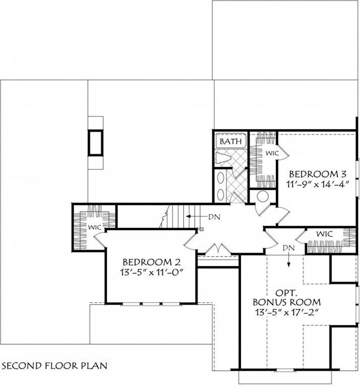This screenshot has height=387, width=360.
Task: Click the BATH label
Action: coord(230,142)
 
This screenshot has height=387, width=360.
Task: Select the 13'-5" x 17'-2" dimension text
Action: coord(287,312)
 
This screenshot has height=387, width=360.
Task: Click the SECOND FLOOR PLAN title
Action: coord(54,365)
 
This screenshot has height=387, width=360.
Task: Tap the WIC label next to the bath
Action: coord(272,153)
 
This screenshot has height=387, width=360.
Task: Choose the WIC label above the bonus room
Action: coord(325,234)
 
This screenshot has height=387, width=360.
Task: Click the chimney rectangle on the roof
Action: coord(95,142)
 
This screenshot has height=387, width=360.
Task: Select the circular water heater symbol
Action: coord(263,196)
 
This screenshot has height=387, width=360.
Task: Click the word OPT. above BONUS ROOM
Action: coord(287,292)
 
